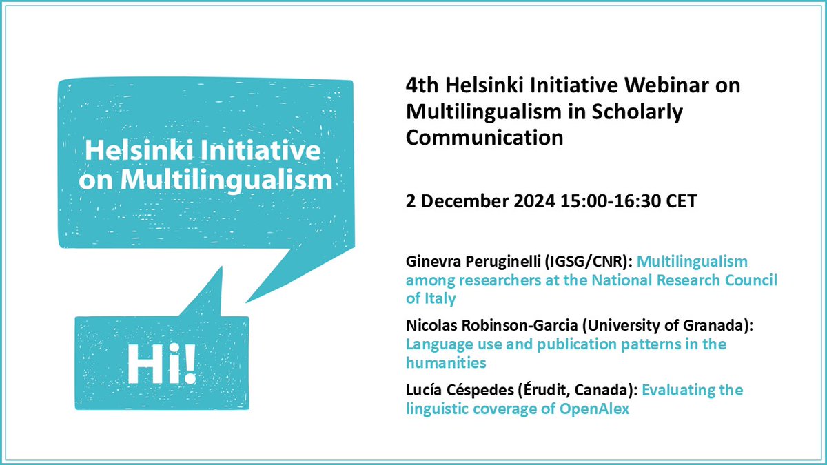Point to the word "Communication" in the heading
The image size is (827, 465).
[x=484, y=136]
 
